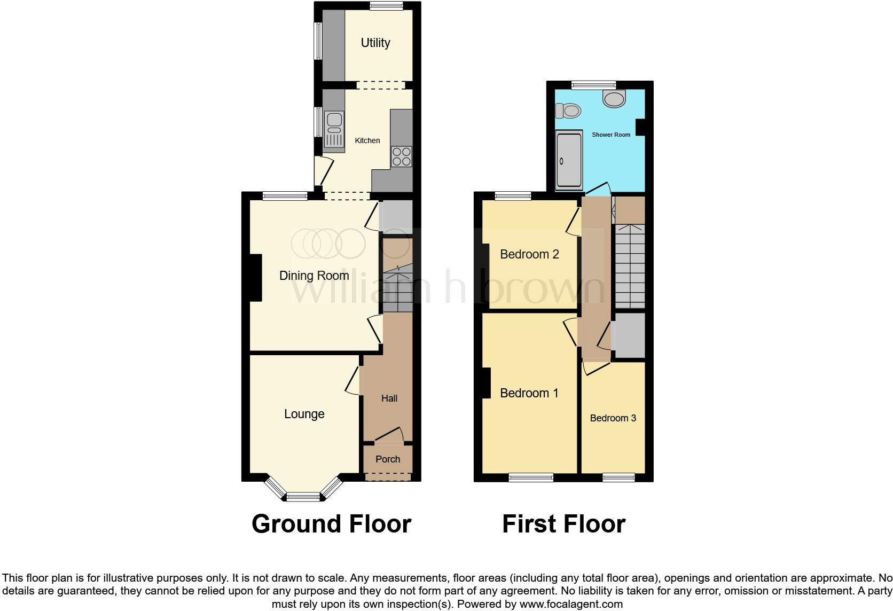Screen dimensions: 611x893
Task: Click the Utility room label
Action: point(375,43)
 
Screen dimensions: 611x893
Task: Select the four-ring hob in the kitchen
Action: point(402,156)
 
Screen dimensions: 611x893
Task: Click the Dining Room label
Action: point(314,276)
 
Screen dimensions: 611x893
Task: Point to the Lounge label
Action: point(304,414)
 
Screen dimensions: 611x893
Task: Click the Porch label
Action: point(388,459)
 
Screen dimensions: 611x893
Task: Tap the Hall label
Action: point(389,398)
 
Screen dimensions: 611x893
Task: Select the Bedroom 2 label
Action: point(529,254)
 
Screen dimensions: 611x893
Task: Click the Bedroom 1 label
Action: point(529,393)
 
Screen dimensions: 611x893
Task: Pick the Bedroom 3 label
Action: point(613,418)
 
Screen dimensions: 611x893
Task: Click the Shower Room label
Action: point(611,135)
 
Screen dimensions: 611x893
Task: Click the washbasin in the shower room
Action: point(614,99)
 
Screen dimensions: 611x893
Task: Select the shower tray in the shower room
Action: point(569,161)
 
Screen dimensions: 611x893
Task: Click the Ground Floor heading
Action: point(331,524)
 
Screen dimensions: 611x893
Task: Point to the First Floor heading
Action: point(563,524)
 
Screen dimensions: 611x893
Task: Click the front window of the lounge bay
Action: point(303,498)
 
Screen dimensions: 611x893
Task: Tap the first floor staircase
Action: point(630,266)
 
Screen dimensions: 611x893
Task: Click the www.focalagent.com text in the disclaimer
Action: point(570,605)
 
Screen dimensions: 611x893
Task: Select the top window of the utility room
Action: point(386,6)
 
